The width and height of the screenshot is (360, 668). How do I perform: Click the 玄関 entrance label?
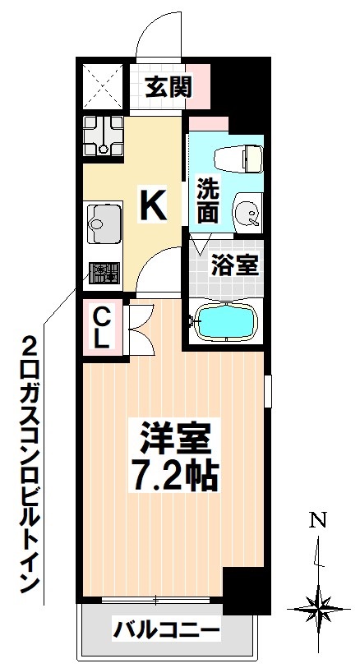pos(169,85)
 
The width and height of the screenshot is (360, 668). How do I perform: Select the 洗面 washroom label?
pos(207,200)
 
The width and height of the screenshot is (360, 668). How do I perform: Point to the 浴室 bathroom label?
pos(235,265)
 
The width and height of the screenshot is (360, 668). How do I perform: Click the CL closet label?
pos(102,326)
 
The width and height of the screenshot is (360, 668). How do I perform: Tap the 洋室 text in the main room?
pos(174,439)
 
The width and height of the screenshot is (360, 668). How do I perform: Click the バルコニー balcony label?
pos(166,631)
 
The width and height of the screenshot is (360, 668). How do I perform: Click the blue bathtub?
pos(227,322)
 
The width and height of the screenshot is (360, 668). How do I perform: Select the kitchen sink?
pos(102,221)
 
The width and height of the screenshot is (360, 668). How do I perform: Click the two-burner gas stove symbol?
pos(104,272)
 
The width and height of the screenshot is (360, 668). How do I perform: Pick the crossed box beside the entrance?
pos(104,85)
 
